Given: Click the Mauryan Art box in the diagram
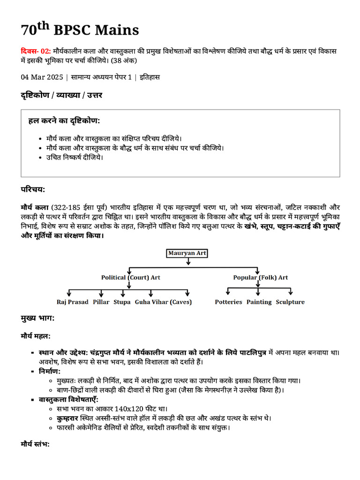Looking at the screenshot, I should [x=187, y=253].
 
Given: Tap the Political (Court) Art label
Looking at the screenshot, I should [x=131, y=277].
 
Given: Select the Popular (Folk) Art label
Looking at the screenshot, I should [x=261, y=277].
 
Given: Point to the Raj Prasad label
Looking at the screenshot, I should [x=72, y=302].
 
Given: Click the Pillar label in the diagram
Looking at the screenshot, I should [x=101, y=302].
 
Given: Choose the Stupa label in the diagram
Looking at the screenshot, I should [x=122, y=302].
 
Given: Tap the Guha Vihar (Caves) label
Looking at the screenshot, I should [x=163, y=302].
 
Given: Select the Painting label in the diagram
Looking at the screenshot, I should [x=259, y=302].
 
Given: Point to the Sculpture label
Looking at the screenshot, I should [x=290, y=302].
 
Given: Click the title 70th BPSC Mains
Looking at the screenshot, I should [x=80, y=30].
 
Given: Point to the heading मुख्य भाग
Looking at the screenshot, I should [x=37, y=319].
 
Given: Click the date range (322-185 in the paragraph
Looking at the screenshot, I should [x=67, y=207].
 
